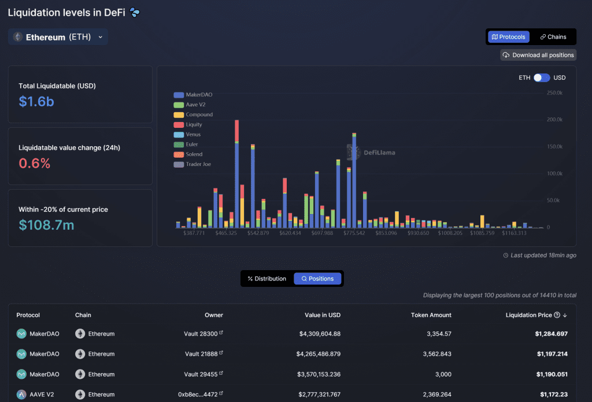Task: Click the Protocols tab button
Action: pyautogui.click(x=509, y=36)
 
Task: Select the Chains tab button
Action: pyautogui.click(x=553, y=36)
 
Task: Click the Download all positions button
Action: pyautogui.click(x=538, y=55)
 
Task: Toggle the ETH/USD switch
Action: pyautogui.click(x=542, y=78)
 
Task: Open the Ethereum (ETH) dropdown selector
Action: pyautogui.click(x=58, y=37)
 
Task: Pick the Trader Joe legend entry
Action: pyautogui.click(x=192, y=164)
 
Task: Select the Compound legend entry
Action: pyautogui.click(x=193, y=115)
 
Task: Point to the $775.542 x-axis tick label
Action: pyautogui.click(x=354, y=233)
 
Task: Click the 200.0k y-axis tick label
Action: pyautogui.click(x=554, y=119)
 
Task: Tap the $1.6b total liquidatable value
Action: pyautogui.click(x=36, y=101)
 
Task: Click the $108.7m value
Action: pyautogui.click(x=46, y=225)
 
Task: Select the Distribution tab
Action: pyautogui.click(x=267, y=278)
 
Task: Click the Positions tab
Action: pyautogui.click(x=317, y=278)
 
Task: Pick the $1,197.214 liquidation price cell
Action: pyautogui.click(x=552, y=354)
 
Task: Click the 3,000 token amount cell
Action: pyautogui.click(x=443, y=374)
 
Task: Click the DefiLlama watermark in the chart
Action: pyautogui.click(x=371, y=152)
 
